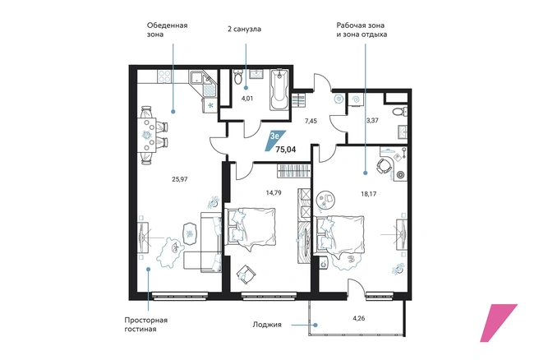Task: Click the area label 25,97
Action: pos(179,179)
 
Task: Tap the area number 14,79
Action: pos(274,193)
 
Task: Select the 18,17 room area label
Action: pos(368,194)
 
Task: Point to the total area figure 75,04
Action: pos(286,150)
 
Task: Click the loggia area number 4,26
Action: pos(358,318)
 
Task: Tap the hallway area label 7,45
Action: pos(311,121)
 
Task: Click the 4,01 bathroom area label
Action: pos(247,99)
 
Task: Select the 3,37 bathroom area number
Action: pos(373,121)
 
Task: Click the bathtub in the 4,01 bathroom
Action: pos(279,90)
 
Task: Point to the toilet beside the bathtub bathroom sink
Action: pos(238,77)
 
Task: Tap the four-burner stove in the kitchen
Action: pos(164,76)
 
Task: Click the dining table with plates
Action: pos(147,135)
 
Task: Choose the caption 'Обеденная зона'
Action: pos(167,30)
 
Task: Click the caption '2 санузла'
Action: pos(244,29)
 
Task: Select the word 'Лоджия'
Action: pos(267,325)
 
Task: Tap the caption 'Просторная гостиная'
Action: pos(145,325)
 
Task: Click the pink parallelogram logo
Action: pos(498,323)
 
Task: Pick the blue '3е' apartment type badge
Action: pos(275,141)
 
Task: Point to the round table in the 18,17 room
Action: pos(325,199)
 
